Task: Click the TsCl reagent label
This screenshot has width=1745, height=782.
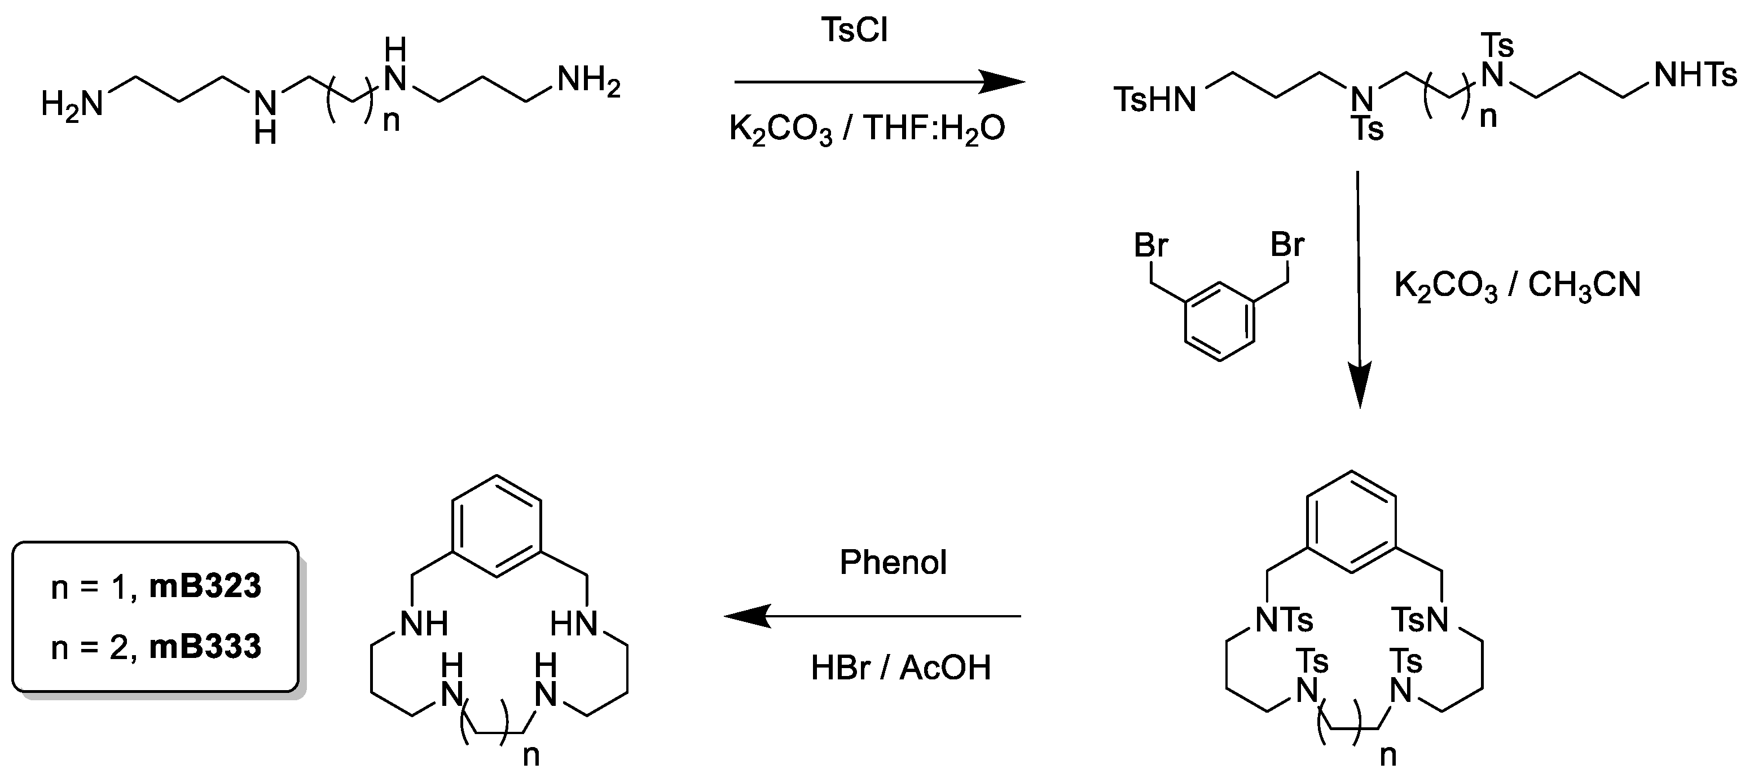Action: [x=854, y=30]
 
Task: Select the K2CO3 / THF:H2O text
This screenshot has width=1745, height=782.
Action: [x=867, y=129]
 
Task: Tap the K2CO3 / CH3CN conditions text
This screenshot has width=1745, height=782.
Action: [x=1518, y=285]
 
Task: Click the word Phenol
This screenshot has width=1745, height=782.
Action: [x=893, y=563]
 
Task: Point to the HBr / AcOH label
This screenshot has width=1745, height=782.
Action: [x=900, y=668]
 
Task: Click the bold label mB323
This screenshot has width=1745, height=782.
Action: [x=205, y=586]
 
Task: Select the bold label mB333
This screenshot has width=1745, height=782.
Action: [x=205, y=647]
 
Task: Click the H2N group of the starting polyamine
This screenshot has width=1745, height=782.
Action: [x=72, y=104]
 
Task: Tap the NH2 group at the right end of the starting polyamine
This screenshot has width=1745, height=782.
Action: [x=588, y=82]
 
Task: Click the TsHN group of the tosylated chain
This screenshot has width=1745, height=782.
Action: [x=1155, y=100]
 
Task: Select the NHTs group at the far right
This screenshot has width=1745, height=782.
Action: [x=1695, y=75]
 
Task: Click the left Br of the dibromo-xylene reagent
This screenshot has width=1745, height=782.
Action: [x=1151, y=245]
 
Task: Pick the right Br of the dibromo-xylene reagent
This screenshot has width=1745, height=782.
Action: [x=1287, y=245]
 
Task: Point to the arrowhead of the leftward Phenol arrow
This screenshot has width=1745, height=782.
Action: [x=745, y=616]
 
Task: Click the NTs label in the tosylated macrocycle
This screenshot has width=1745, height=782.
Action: [x=1285, y=620]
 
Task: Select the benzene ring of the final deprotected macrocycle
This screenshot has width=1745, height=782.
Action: [x=496, y=525]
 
